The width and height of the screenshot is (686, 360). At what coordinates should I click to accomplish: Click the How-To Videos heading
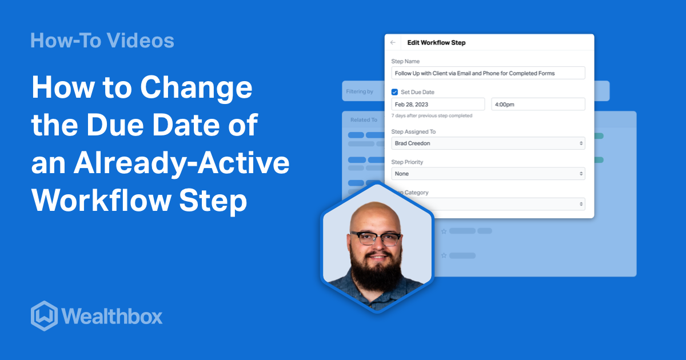pos(102,41)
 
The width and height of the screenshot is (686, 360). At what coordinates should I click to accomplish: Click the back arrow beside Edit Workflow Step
pos(393,43)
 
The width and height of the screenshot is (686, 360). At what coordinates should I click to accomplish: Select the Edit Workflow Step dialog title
pos(436,43)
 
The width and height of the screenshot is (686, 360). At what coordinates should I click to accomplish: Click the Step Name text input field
pos(488,73)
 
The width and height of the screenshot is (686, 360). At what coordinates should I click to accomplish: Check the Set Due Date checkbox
pos(394,92)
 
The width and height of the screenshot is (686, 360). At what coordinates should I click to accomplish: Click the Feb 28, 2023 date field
pos(437,105)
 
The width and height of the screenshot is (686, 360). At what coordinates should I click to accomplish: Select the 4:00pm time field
pos(537,105)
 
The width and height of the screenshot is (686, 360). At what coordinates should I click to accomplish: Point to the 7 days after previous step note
pos(432,116)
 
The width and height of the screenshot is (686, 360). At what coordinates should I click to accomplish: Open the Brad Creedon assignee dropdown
pos(488,143)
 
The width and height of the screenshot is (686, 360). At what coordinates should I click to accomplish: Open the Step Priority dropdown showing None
pos(488,174)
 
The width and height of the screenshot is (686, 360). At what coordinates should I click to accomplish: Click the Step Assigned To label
pos(413,132)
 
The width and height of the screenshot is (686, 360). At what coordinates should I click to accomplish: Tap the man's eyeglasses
pos(376,239)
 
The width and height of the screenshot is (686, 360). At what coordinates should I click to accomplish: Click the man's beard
pos(376,273)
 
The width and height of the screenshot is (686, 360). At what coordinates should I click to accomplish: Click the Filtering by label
pos(360,91)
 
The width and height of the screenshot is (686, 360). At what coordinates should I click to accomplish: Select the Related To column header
pos(364,120)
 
